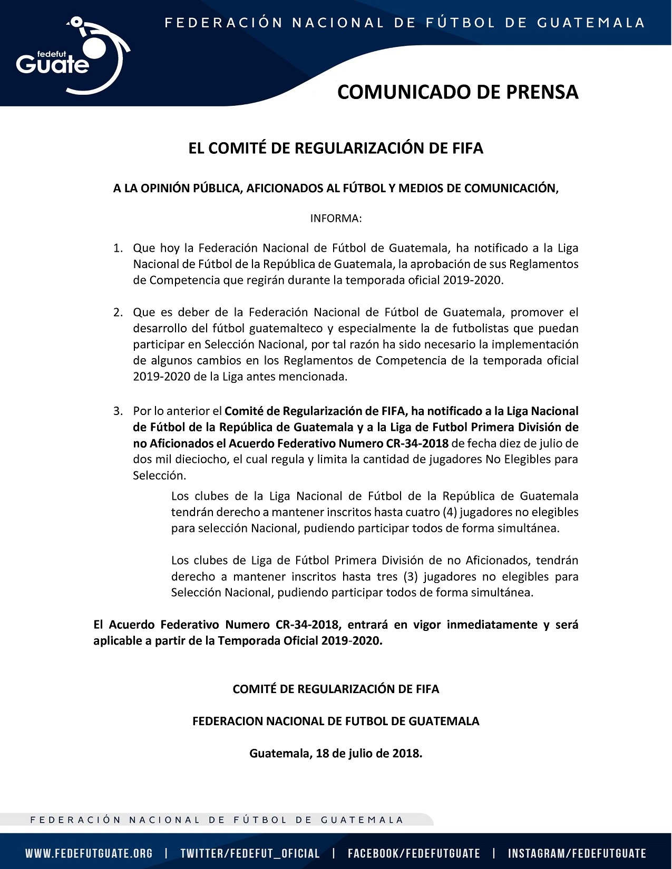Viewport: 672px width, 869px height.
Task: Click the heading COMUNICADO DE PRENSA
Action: [x=457, y=92]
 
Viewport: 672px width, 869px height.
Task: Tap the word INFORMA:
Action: [x=336, y=219]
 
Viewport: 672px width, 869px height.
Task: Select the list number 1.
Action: [x=118, y=248]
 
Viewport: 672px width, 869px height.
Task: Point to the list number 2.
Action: [x=118, y=312]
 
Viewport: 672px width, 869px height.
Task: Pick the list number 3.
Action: [x=118, y=411]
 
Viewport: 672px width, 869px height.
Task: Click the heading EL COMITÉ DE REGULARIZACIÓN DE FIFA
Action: [x=336, y=149]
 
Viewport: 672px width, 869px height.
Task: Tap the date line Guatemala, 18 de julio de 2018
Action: [x=336, y=753]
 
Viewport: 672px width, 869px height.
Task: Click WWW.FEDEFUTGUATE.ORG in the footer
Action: [x=89, y=854]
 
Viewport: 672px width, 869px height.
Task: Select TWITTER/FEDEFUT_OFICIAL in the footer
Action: [x=250, y=854]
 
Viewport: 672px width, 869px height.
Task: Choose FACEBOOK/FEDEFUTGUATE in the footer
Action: [x=414, y=854]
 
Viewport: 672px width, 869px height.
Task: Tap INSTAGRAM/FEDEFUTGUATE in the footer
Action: [x=577, y=854]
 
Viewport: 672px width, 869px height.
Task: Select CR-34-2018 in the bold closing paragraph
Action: [x=306, y=625]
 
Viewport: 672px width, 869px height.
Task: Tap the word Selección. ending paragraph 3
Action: [x=159, y=476]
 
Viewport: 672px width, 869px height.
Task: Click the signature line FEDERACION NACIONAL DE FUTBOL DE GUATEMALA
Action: [x=336, y=722]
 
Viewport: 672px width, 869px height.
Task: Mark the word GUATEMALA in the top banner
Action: [x=591, y=23]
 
